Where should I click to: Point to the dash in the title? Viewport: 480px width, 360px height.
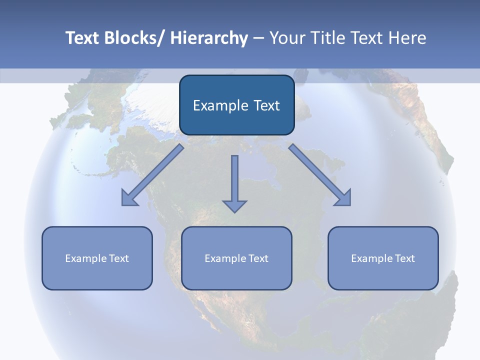[x=258, y=38]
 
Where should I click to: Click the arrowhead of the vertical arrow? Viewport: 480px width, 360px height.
[x=235, y=205]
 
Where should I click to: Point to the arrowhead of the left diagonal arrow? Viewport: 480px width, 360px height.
[x=128, y=199]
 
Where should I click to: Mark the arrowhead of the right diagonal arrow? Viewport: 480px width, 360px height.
[x=344, y=199]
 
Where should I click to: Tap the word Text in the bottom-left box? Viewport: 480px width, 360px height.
[x=119, y=258]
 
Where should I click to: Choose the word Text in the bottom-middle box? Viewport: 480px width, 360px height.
[x=258, y=258]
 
